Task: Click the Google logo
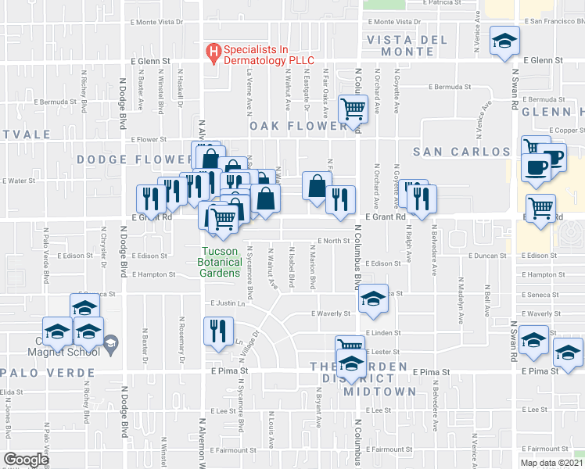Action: pos(27,460)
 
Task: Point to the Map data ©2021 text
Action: pos(551,463)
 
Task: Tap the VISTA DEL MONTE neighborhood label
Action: pos(407,45)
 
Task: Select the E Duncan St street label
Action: pos(487,256)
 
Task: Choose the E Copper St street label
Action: pos(567,131)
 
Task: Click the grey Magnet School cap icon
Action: pos(111,341)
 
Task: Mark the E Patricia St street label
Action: pos(443,3)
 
